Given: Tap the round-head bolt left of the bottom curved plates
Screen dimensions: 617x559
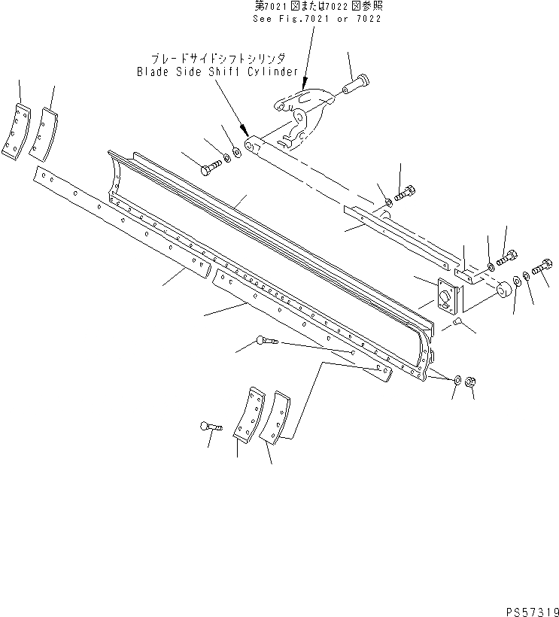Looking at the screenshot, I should pyautogui.click(x=209, y=427).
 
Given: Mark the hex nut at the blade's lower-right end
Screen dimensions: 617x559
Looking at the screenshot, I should pyautogui.click(x=470, y=381).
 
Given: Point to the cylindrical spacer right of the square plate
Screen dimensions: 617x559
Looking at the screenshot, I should pyautogui.click(x=498, y=290).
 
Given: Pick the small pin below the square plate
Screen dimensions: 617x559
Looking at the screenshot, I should pyautogui.click(x=458, y=323).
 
